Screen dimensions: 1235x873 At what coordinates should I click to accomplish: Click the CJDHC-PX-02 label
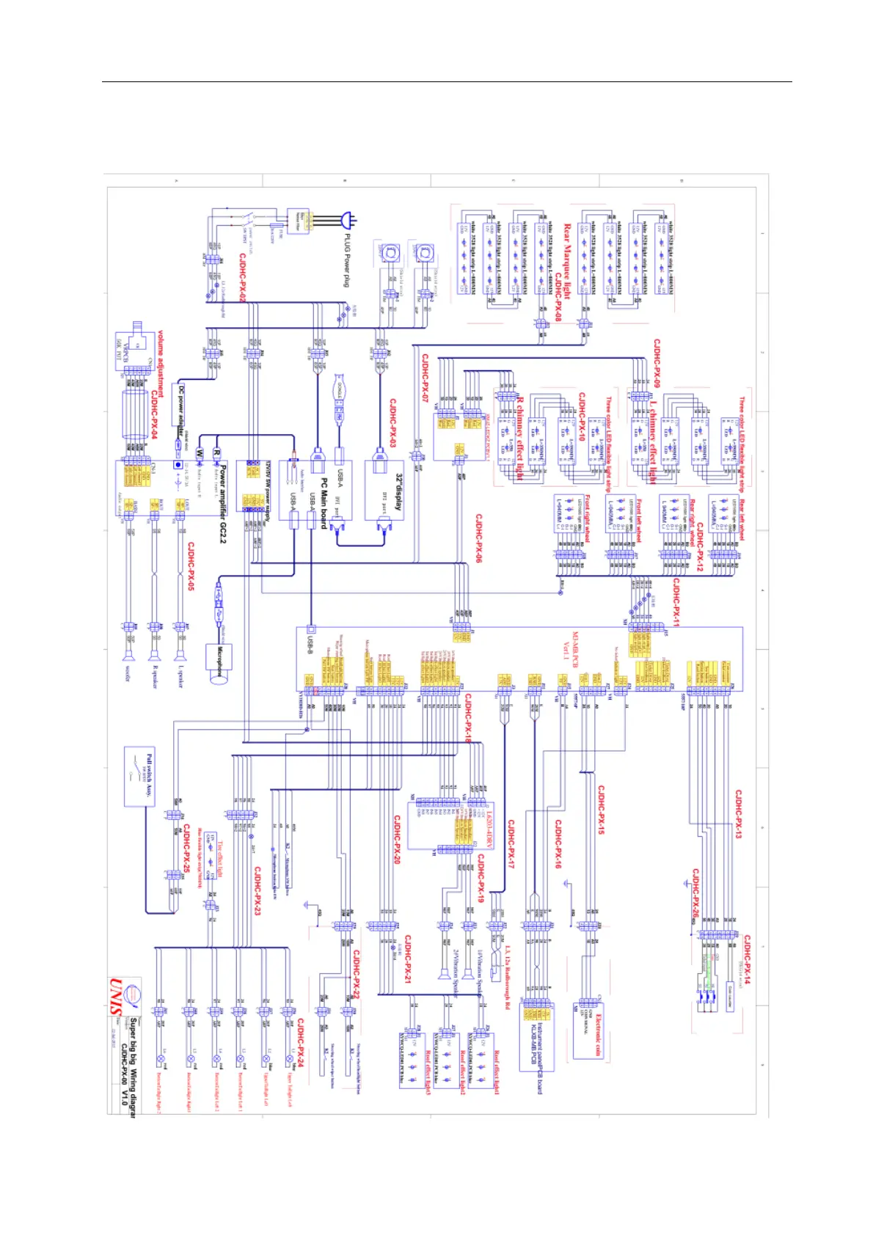pyautogui.click(x=243, y=278)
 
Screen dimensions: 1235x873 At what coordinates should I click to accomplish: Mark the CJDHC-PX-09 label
pyautogui.click(x=657, y=364)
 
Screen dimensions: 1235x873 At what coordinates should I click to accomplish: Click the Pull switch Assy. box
pyautogui.click(x=139, y=776)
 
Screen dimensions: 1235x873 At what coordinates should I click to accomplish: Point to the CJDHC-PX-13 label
pyautogui.click(x=738, y=814)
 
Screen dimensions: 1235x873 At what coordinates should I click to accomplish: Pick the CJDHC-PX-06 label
pyautogui.click(x=478, y=538)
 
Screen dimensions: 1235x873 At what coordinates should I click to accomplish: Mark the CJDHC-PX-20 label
pyautogui.click(x=397, y=839)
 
